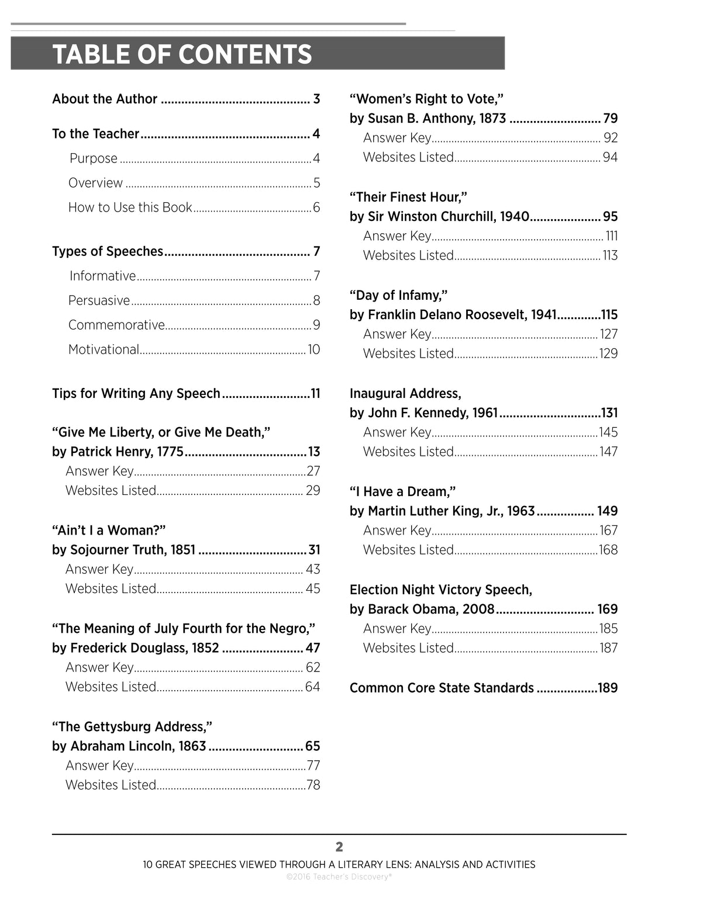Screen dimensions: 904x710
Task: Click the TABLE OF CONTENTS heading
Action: click(x=182, y=54)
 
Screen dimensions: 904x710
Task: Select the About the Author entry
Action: click(x=105, y=99)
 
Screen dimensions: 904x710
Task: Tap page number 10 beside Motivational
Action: click(x=314, y=349)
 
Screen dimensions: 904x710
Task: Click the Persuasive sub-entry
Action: click(x=99, y=300)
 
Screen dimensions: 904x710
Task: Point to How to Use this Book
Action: click(x=130, y=207)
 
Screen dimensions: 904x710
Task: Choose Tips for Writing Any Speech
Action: click(x=136, y=393)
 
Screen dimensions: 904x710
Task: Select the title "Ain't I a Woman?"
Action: click(x=109, y=530)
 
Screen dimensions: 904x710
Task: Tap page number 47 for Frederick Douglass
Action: click(x=313, y=648)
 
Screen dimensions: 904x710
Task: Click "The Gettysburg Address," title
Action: click(x=132, y=726)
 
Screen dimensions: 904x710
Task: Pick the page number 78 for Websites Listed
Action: click(x=313, y=785)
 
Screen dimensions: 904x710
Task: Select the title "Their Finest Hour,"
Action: click(x=408, y=197)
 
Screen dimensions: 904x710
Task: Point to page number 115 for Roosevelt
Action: click(x=609, y=315)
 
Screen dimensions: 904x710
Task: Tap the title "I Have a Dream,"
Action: click(x=402, y=491)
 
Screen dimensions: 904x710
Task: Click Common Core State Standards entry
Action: click(x=442, y=688)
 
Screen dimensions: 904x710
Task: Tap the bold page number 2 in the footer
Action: click(x=339, y=847)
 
